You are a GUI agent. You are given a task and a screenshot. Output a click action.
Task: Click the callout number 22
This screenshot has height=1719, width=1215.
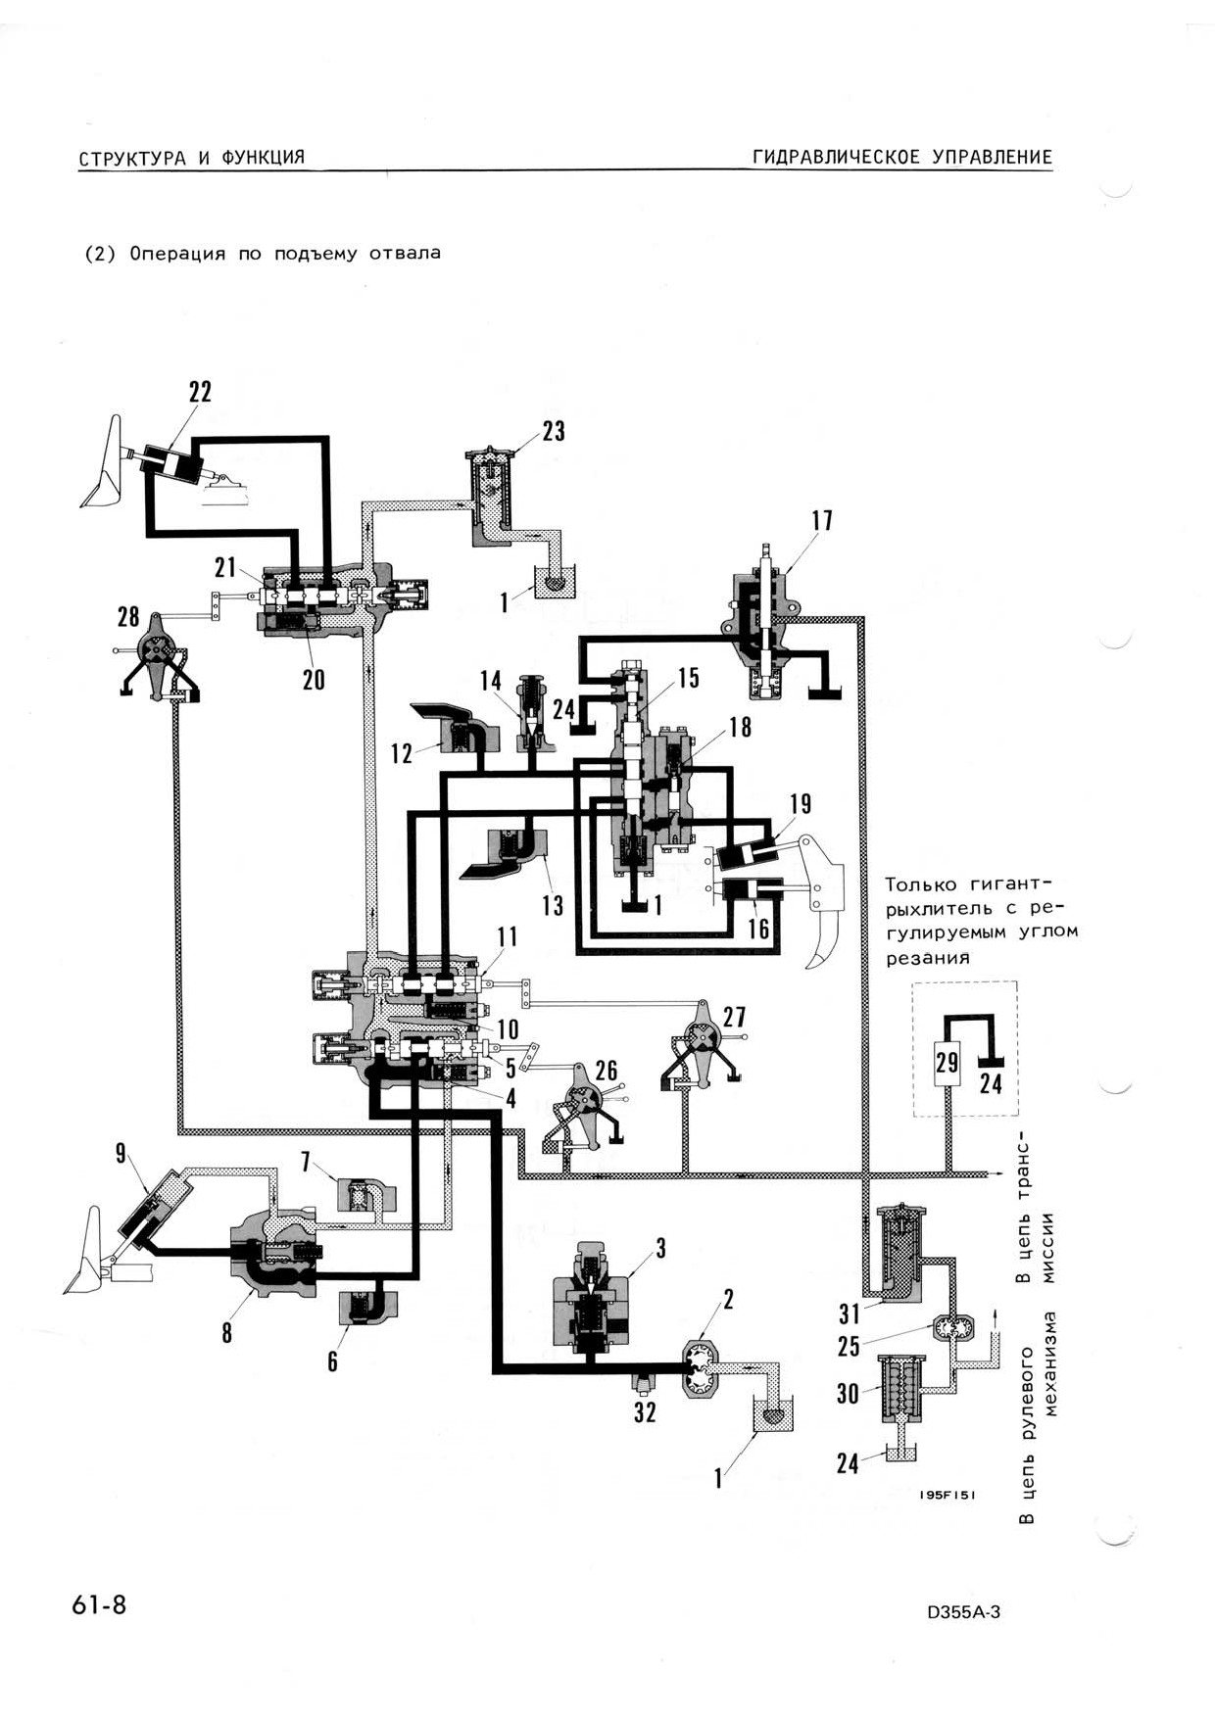pos(200,392)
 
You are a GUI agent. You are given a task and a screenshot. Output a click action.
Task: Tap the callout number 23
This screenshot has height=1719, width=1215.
pos(554,432)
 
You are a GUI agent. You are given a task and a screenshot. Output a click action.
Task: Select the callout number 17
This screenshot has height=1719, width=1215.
pos(822,520)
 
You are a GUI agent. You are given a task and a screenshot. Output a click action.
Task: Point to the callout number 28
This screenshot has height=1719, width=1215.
pos(128,616)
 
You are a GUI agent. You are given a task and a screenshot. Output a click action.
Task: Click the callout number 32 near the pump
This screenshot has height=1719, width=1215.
pos(645,1412)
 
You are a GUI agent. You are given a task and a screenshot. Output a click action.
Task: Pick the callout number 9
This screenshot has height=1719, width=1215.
pos(121,1153)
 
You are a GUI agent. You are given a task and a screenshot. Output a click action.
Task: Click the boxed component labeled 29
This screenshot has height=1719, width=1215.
pos(947,1062)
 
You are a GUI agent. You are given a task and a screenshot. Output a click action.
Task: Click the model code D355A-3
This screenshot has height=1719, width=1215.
pos(963,1613)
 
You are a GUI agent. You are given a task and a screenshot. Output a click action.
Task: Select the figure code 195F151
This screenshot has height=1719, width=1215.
pos(947,1496)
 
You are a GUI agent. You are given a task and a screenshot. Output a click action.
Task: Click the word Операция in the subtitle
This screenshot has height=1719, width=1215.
pos(177,254)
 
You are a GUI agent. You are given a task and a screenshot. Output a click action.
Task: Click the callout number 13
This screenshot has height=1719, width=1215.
pos(553,905)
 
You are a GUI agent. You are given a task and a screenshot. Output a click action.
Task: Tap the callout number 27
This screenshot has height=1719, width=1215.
pos(734,1016)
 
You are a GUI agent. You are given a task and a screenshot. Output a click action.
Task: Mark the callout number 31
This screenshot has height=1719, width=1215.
pos(849,1313)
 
